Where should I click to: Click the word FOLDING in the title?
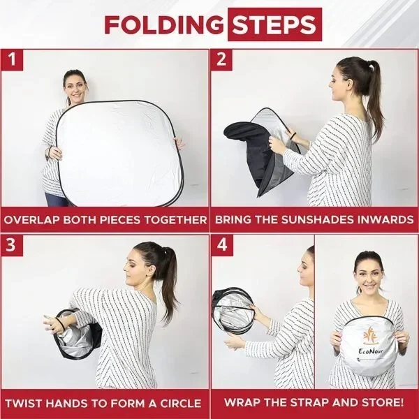point(164,24)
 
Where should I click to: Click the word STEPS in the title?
point(274,24)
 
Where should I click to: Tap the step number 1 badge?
point(12,59)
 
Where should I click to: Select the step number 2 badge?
point(221,59)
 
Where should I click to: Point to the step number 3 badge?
point(11,245)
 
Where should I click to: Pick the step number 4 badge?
point(222,245)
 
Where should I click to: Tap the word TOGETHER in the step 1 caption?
point(175,220)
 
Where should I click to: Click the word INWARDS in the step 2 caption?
point(385,220)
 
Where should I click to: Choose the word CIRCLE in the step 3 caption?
point(180,404)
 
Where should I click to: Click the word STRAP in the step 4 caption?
point(307,402)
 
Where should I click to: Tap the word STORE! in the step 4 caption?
point(383,402)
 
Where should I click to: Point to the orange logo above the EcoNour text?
point(371,335)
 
